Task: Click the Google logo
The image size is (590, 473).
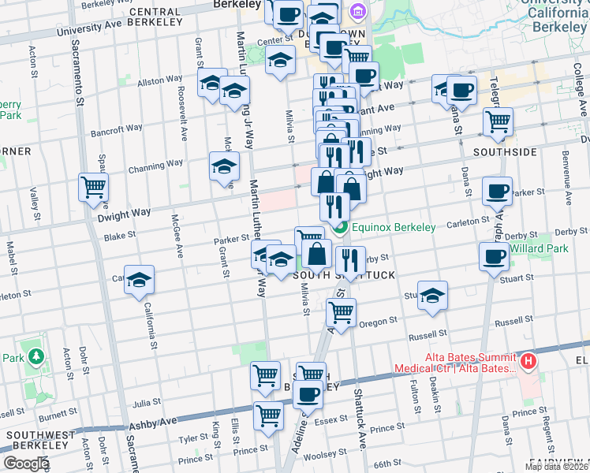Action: click(25, 464)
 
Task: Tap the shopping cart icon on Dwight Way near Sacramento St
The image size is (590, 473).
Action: click(93, 188)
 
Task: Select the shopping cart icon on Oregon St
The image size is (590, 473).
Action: click(341, 311)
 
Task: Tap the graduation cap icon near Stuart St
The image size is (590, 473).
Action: click(433, 295)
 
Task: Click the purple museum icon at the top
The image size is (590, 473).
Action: click(357, 11)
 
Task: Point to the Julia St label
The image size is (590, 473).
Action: click(147, 403)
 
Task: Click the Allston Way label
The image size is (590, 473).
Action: click(160, 80)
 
